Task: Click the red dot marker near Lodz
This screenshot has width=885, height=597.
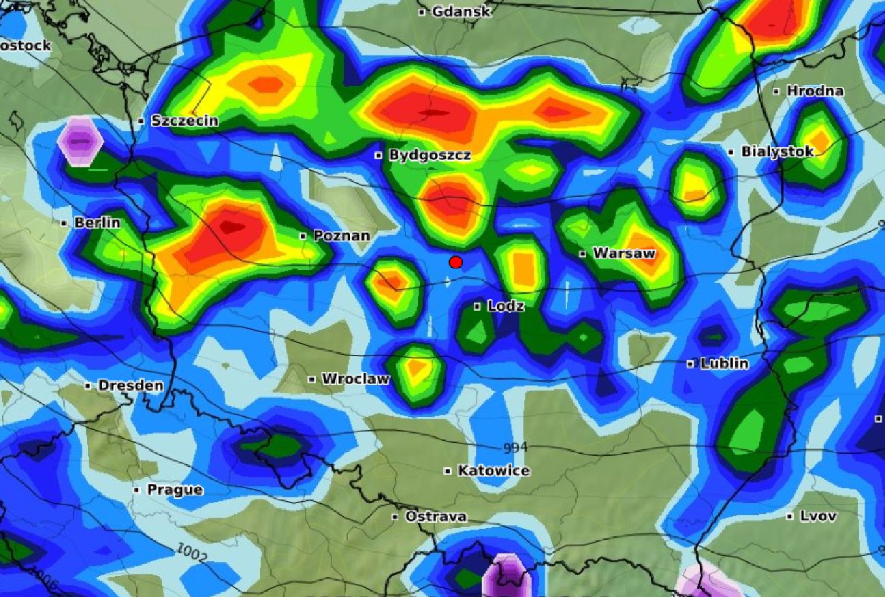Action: pyautogui.click(x=456, y=262)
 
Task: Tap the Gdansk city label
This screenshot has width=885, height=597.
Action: pyautogui.click(x=461, y=12)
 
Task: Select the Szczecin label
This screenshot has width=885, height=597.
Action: pyautogui.click(x=184, y=121)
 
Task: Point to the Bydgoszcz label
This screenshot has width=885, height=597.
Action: pyautogui.click(x=430, y=155)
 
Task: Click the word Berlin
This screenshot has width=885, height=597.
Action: pyautogui.click(x=97, y=223)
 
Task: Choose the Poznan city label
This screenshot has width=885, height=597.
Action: pyautogui.click(x=342, y=236)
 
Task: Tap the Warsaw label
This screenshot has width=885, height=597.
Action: pyautogui.click(x=624, y=254)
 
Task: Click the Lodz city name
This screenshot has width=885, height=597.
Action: pyautogui.click(x=506, y=307)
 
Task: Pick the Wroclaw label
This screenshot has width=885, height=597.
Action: pyautogui.click(x=355, y=379)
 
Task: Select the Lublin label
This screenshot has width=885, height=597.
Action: pyautogui.click(x=724, y=363)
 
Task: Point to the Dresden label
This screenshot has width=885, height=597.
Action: pyautogui.click(x=131, y=386)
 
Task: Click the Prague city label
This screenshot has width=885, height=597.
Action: pyautogui.click(x=175, y=490)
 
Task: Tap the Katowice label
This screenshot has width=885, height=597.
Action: pyautogui.click(x=494, y=471)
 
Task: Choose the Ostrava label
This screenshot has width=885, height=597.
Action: pyautogui.click(x=436, y=517)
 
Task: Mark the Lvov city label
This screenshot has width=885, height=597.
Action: pyautogui.click(x=818, y=516)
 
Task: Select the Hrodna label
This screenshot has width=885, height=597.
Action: pyautogui.click(x=815, y=91)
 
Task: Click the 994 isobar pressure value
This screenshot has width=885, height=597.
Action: pyautogui.click(x=515, y=448)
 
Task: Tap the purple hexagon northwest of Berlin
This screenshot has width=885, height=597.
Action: pyautogui.click(x=80, y=141)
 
